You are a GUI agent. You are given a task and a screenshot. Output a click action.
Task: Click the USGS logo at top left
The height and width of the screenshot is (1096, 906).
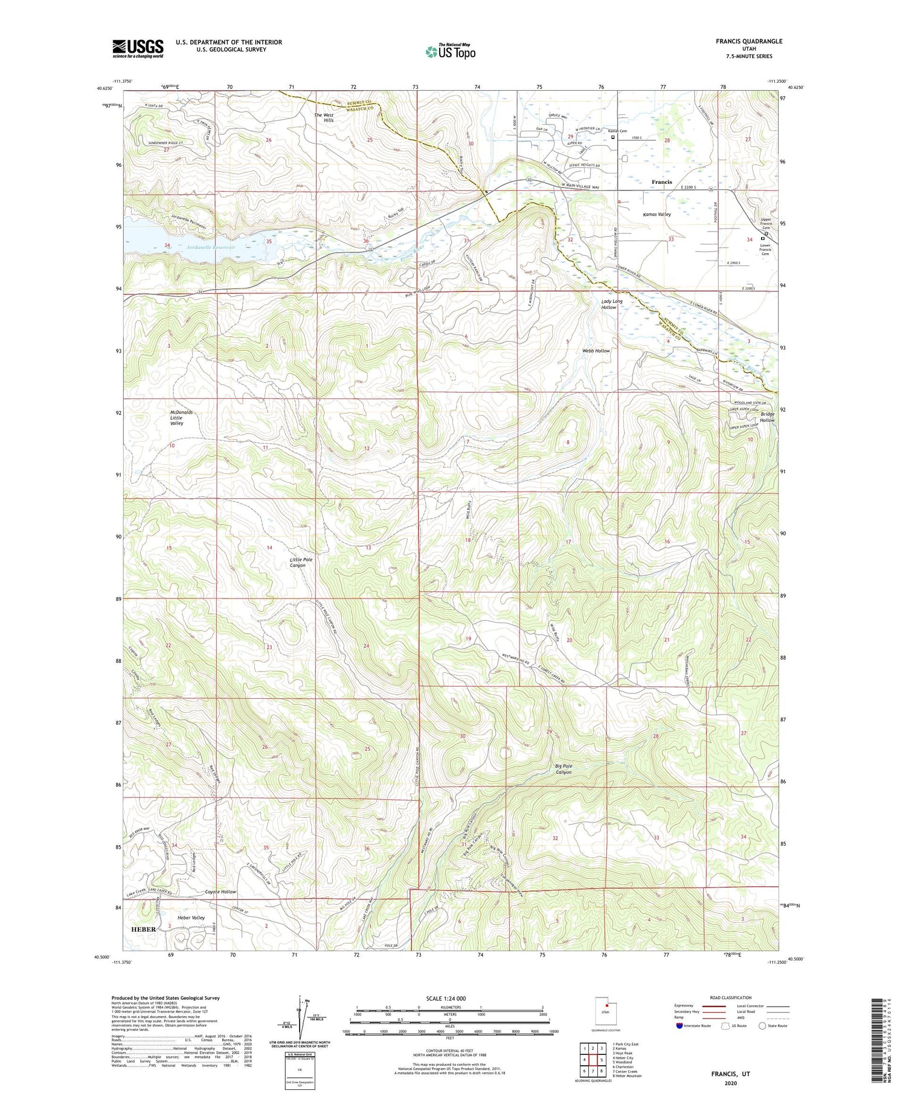[x=138, y=48]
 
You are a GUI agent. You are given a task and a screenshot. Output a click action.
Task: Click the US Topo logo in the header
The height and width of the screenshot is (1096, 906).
[x=450, y=51]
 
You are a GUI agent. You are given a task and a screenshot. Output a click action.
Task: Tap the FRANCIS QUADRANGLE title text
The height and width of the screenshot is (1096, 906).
[x=748, y=41]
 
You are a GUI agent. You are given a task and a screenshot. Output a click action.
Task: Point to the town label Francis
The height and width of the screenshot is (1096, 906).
[x=661, y=182]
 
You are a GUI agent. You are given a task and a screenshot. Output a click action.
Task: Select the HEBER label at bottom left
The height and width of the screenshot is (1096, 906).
[x=144, y=929]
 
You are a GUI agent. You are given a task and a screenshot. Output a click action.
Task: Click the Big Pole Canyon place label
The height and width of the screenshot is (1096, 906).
[x=563, y=769]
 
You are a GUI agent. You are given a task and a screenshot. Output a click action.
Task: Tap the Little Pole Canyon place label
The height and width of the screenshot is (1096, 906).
[x=301, y=562]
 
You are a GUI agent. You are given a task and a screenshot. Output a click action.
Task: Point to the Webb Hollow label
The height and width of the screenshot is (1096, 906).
[x=596, y=351]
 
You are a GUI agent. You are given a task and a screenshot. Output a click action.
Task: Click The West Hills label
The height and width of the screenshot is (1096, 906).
[x=324, y=117]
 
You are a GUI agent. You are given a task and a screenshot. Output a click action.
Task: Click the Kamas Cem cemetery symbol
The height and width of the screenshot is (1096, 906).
[x=613, y=137]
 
